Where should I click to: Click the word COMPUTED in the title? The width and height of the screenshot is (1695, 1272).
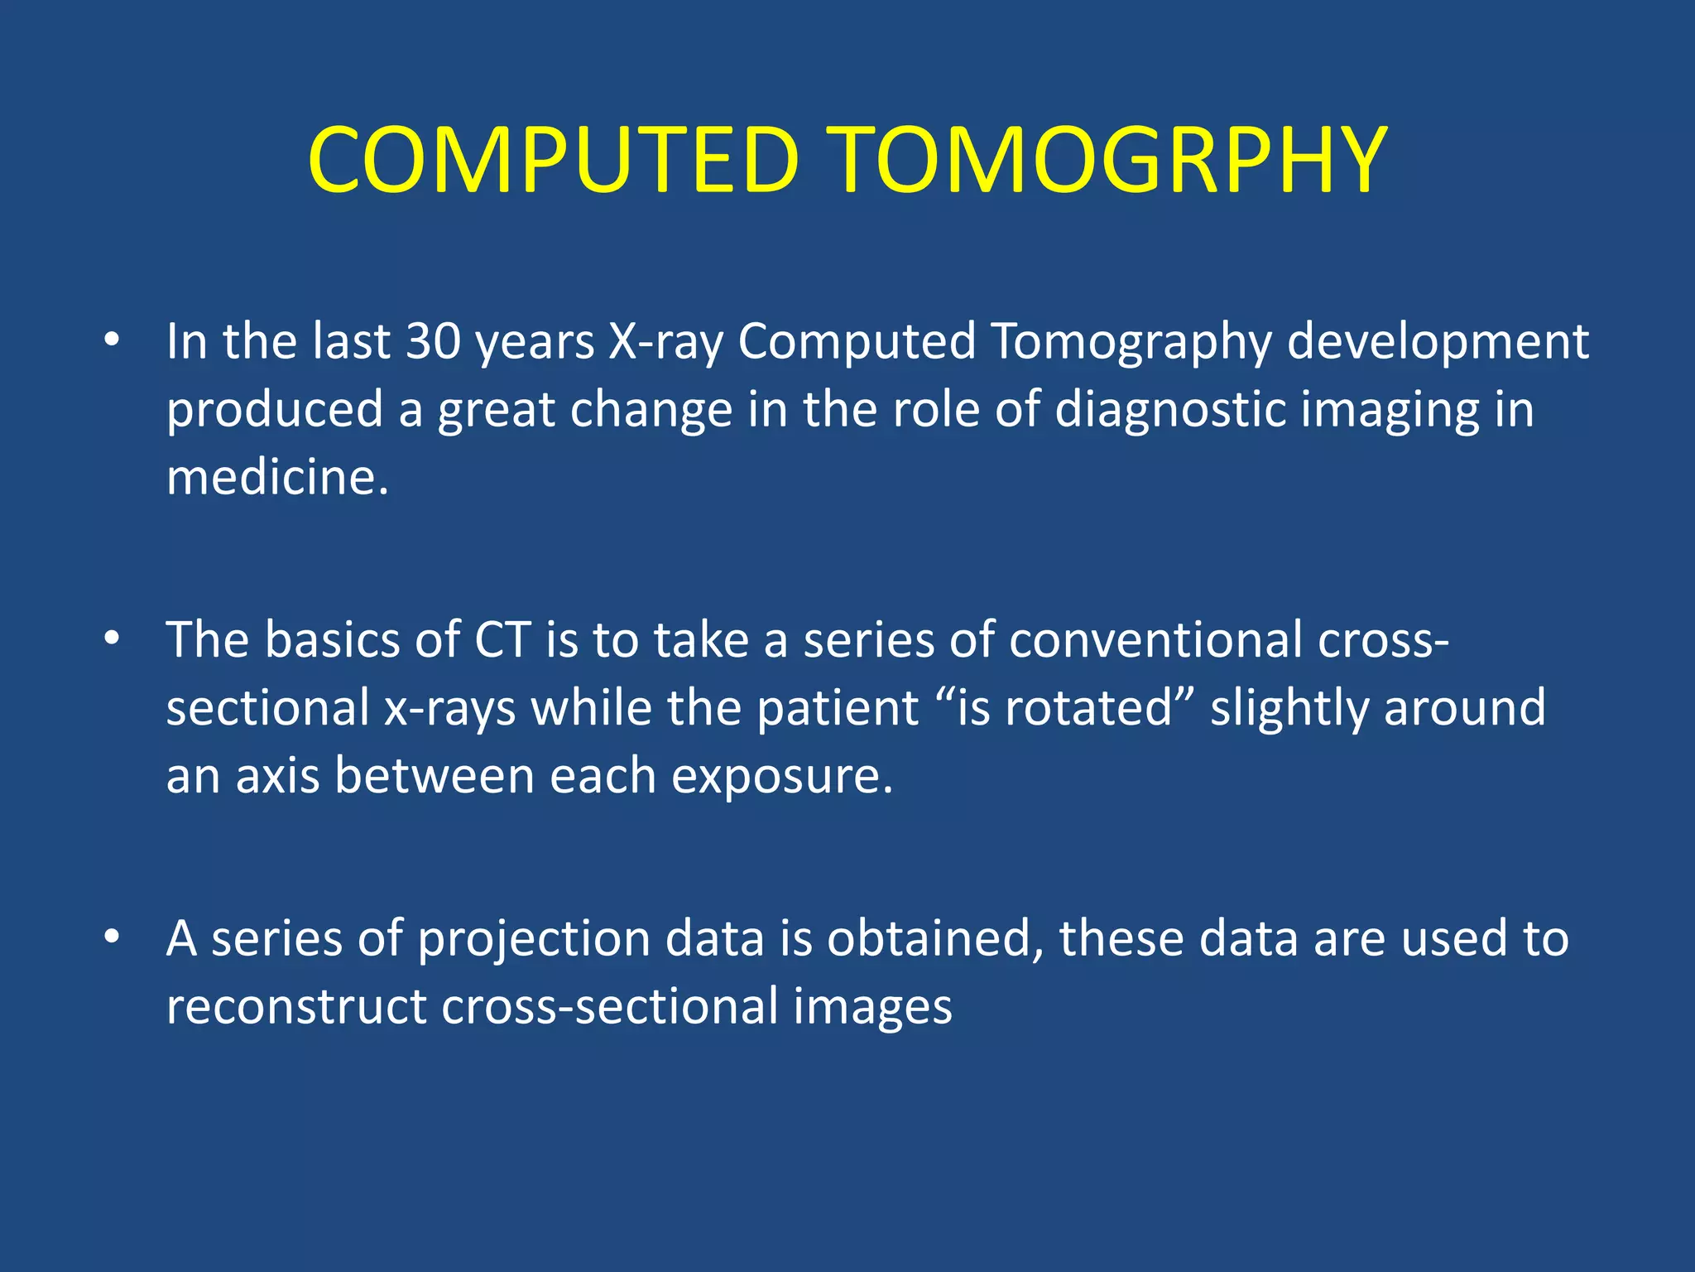[x=553, y=159]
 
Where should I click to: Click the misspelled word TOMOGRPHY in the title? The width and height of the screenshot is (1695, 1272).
[x=1109, y=159]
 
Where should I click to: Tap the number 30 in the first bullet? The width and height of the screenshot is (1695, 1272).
[x=433, y=341]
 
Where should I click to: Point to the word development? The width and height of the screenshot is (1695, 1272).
[x=1438, y=341]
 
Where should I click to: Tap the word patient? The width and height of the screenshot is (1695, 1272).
[x=837, y=708]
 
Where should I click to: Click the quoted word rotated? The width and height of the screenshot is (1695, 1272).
[x=1088, y=708]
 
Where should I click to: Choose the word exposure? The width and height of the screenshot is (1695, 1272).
[x=781, y=777]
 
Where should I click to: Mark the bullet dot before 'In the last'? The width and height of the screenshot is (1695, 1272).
[x=113, y=340]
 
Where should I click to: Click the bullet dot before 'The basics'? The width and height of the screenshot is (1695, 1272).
[x=113, y=638]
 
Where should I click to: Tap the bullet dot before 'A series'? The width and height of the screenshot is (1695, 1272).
[x=113, y=937]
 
